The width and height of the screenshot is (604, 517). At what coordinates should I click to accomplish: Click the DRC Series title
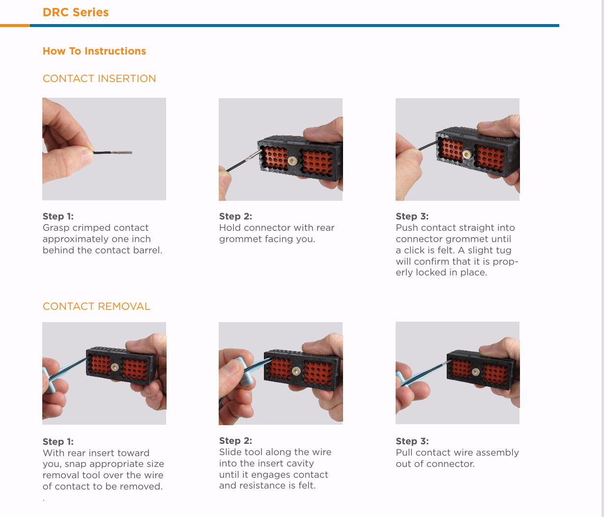75,12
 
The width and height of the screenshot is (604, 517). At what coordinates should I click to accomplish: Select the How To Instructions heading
94,51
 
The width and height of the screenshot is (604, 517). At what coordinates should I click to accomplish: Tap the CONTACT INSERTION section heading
99,79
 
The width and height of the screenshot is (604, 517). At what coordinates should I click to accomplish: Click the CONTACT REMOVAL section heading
96,306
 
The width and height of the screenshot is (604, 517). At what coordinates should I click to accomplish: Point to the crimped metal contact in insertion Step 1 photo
121,152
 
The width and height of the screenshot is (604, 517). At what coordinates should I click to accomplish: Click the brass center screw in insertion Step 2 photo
292,160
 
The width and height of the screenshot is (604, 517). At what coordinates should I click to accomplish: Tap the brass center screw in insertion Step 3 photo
467,154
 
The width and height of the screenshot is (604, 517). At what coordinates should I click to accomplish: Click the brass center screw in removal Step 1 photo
115,367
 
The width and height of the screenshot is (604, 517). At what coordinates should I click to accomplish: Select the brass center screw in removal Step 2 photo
296,371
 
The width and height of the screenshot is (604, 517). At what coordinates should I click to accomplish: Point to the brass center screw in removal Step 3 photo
476,372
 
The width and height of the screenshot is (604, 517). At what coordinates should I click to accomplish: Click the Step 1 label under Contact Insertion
58,217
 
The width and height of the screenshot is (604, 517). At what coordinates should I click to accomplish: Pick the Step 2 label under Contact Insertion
235,217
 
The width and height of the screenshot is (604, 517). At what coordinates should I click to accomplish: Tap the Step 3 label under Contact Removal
412,441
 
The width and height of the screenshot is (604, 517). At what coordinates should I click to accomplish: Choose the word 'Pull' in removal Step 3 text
404,453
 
